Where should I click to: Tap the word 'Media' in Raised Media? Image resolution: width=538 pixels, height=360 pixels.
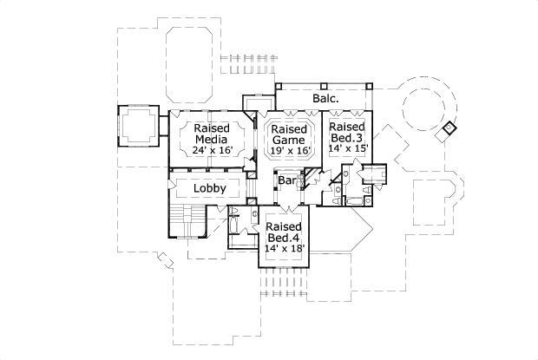click(211, 139)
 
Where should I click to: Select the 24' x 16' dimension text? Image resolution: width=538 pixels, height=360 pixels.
click(211, 151)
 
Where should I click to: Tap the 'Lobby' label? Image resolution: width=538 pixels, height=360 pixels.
click(209, 188)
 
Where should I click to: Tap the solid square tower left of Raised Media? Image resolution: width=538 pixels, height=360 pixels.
click(136, 126)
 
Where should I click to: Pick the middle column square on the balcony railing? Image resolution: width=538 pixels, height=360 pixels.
click(322, 87)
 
